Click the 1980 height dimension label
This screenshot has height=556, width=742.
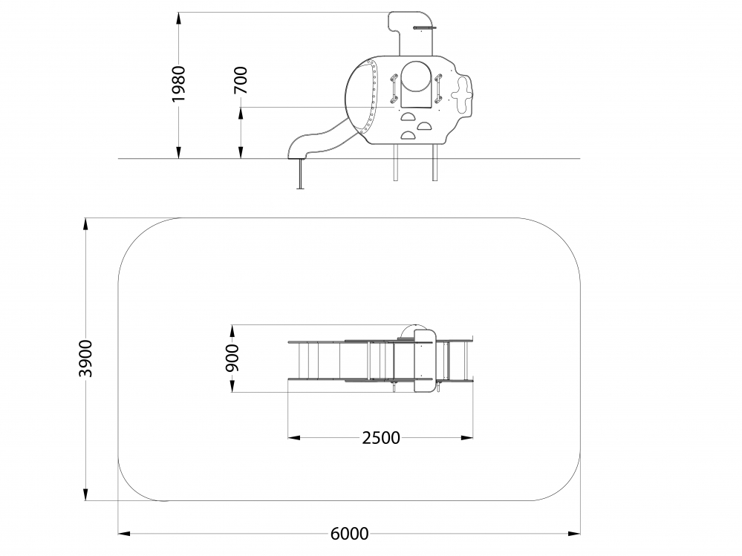pyautogui.click(x=179, y=84)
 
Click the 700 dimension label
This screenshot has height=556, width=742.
pyautogui.click(x=241, y=80)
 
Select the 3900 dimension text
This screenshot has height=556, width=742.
pyautogui.click(x=85, y=359)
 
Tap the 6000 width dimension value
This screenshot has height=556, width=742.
pyautogui.click(x=349, y=534)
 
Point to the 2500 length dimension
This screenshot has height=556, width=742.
pyautogui.click(x=381, y=438)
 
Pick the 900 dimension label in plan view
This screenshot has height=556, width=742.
pyautogui.click(x=232, y=358)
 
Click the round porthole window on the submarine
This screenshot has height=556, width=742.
pyautogui.click(x=416, y=76)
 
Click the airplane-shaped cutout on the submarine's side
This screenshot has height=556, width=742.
pyautogui.click(x=462, y=94)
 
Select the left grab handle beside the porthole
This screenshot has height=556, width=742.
pyautogui.click(x=393, y=89)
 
